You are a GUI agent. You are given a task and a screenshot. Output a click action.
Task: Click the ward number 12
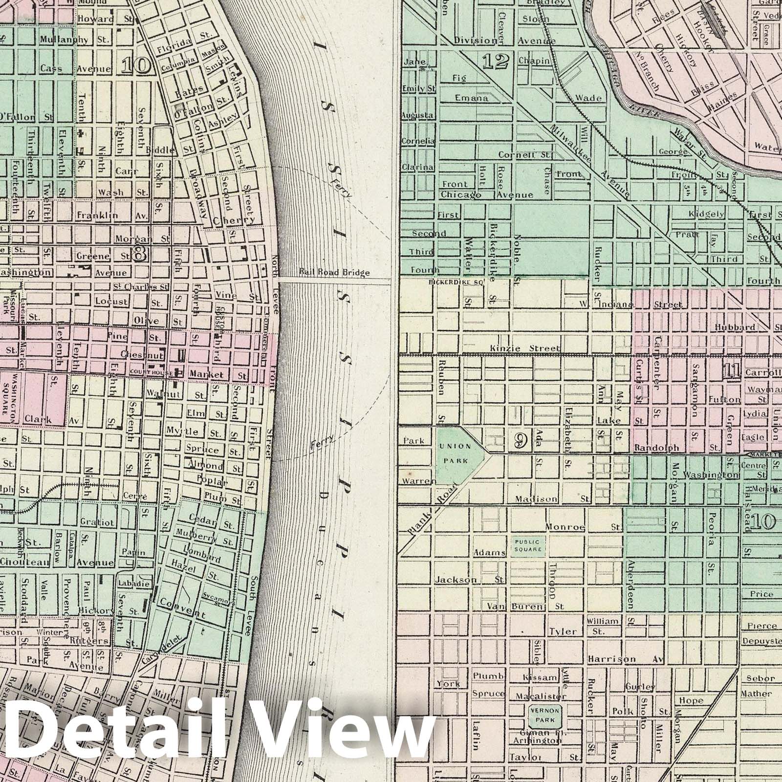pyautogui.click(x=495, y=61)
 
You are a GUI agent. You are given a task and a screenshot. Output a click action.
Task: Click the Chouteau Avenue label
pyautogui.click(x=56, y=563)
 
